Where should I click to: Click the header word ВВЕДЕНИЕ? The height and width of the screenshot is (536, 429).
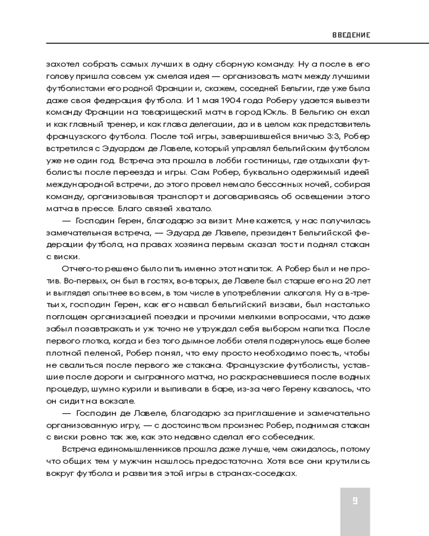352,35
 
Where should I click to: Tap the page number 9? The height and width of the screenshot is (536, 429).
355,502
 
